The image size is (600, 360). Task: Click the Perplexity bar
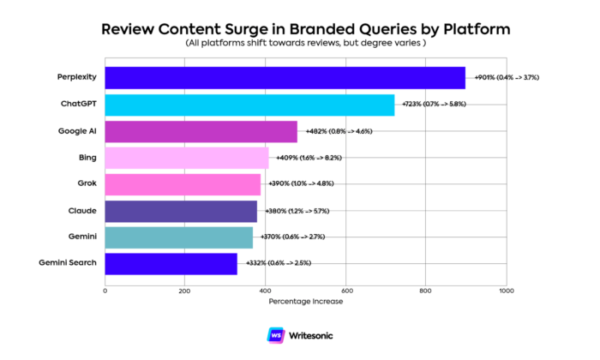click(285, 78)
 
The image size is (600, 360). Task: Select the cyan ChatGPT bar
click(249, 105)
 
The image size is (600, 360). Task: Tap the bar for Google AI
click(201, 131)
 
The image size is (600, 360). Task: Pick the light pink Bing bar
click(186, 158)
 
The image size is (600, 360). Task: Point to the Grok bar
click(183, 184)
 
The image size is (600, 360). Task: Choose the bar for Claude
click(181, 211)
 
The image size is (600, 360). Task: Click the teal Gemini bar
click(178, 237)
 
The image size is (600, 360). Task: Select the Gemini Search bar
click(171, 263)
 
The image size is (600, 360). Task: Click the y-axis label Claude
click(81, 211)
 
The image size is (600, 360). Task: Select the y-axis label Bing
click(87, 158)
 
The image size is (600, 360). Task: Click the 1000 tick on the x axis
click(506, 291)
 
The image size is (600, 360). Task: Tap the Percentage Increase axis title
click(305, 302)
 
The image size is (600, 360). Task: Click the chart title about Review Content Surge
click(306, 28)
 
